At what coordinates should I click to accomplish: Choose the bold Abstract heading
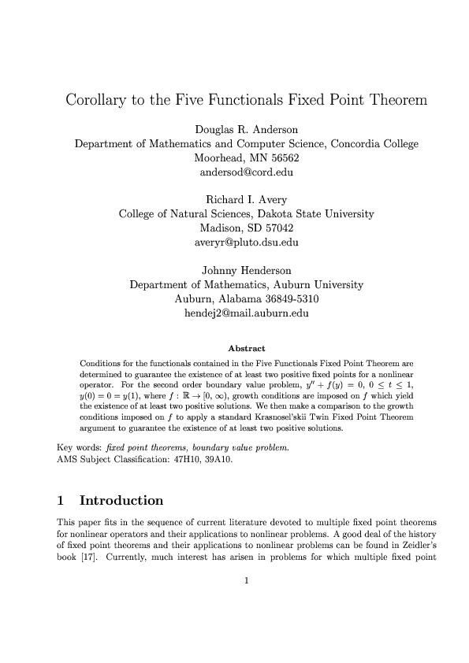tap(246, 348)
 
